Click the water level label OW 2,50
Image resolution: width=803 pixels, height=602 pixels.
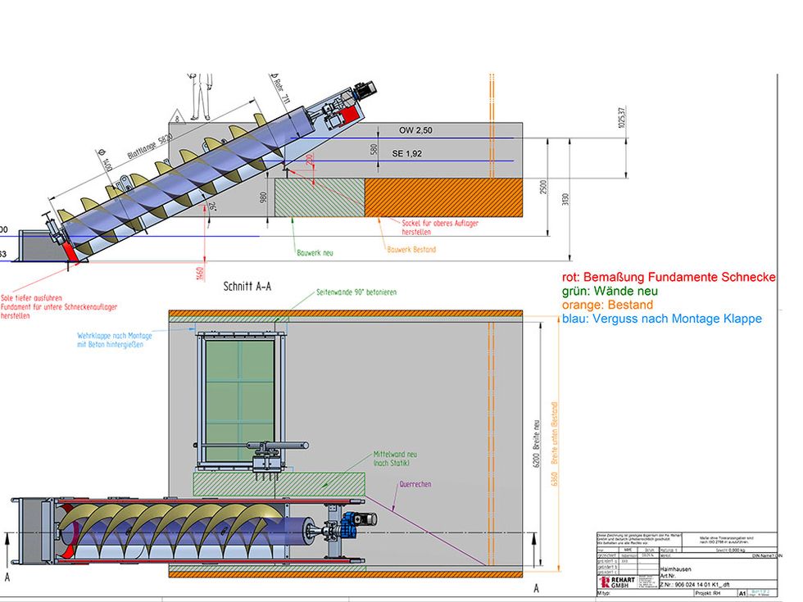(x=415, y=131)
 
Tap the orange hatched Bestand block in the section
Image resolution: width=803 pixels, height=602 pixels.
(x=443, y=197)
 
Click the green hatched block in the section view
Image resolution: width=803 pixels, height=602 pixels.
(x=319, y=197)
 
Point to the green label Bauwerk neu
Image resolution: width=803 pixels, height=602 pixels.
(x=315, y=252)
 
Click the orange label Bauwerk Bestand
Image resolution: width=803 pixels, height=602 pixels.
(x=411, y=250)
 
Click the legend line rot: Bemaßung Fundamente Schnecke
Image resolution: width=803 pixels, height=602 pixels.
(x=668, y=278)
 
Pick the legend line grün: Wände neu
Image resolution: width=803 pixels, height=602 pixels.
(x=610, y=292)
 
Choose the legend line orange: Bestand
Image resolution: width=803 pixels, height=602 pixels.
(x=607, y=306)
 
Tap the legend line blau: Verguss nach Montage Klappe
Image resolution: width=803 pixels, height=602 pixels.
(x=662, y=319)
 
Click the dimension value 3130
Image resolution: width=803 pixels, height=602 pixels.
(x=565, y=200)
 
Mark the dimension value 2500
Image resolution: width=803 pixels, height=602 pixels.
(x=543, y=187)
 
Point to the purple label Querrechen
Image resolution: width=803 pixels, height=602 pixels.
(x=415, y=484)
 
